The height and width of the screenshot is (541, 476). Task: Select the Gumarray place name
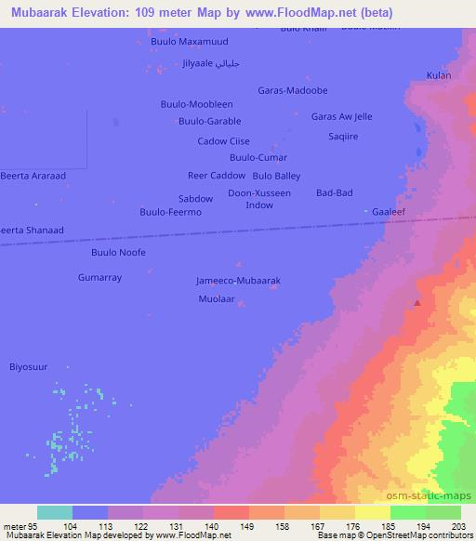point(100,277)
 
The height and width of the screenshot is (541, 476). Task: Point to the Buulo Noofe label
point(118,252)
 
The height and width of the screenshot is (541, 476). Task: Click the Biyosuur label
point(28,366)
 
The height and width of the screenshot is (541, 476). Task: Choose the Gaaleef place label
point(390,212)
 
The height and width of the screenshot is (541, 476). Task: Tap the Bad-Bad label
point(335,192)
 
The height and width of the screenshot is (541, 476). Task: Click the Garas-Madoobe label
point(293,90)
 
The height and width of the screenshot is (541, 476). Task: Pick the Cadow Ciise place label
point(224,141)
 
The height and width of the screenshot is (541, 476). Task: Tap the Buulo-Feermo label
point(170,212)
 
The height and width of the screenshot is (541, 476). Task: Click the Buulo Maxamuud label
point(189,42)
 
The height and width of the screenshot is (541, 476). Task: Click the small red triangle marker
point(417,301)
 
